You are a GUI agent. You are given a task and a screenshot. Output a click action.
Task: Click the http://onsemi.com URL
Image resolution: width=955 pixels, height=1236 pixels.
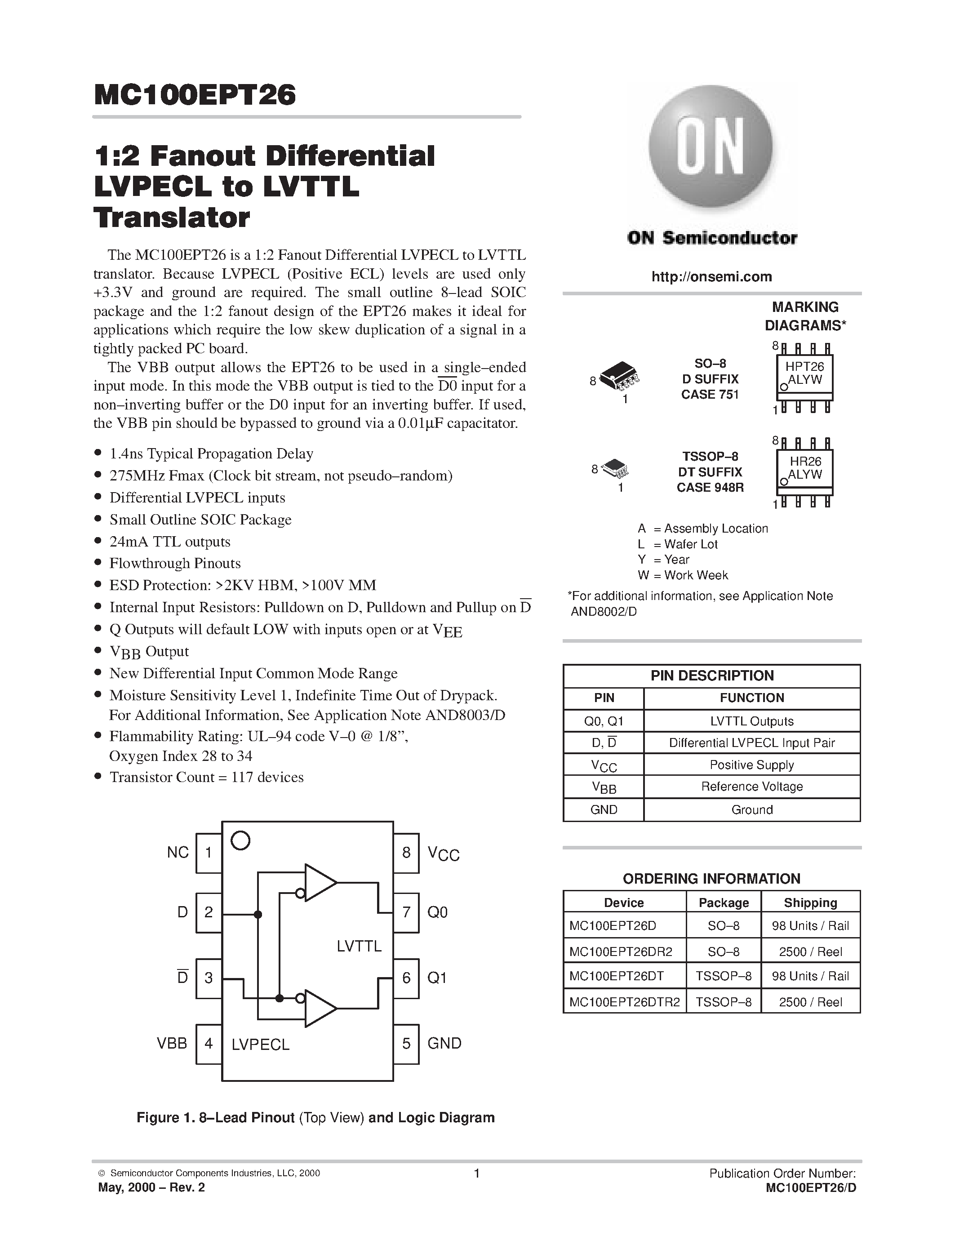click(x=711, y=277)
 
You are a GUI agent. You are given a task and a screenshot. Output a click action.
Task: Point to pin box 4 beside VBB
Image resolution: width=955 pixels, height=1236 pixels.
click(x=208, y=1044)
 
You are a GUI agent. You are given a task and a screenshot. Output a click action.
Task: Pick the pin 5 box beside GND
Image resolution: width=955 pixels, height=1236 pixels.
click(x=406, y=1044)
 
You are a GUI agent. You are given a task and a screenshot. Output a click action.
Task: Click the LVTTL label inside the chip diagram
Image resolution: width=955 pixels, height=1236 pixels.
click(x=359, y=946)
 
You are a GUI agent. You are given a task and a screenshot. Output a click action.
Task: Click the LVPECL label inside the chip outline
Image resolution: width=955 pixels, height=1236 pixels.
click(x=260, y=1045)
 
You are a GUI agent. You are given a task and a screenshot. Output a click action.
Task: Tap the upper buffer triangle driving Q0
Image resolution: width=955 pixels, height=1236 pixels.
click(x=319, y=882)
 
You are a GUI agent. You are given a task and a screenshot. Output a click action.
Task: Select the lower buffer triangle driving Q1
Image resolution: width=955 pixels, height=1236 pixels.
click(x=319, y=1008)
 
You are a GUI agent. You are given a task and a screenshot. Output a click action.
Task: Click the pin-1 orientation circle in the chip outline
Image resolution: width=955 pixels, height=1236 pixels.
click(x=241, y=841)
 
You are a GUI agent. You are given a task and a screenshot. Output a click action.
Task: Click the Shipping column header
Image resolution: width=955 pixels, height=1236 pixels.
click(x=810, y=903)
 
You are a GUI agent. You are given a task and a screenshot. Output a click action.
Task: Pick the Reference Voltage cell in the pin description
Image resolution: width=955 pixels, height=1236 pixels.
click(x=751, y=787)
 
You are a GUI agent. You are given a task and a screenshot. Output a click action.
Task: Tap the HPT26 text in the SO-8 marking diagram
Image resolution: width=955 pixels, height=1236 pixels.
click(x=804, y=366)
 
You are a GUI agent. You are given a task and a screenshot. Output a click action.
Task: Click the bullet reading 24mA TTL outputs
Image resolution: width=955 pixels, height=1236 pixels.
click(x=170, y=542)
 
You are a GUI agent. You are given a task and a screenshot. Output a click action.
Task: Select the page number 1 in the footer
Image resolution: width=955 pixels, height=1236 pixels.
click(x=476, y=1173)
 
